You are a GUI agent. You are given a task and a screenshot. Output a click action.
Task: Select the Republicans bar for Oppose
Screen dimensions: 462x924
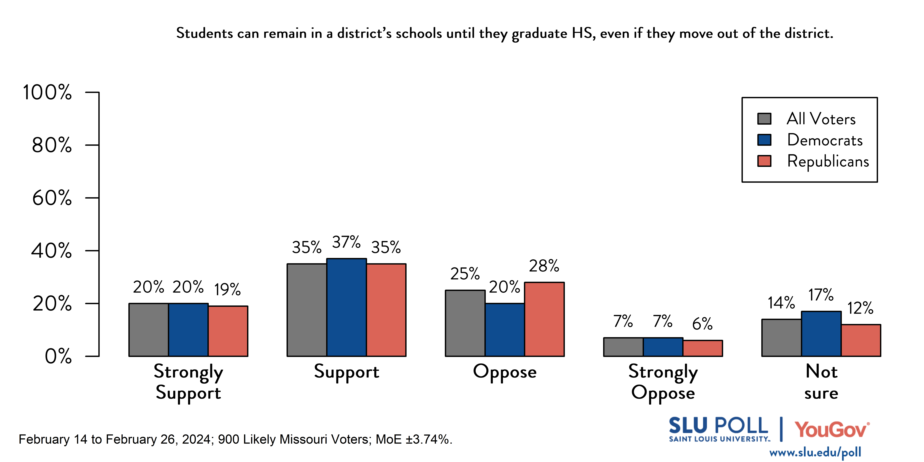point(544,319)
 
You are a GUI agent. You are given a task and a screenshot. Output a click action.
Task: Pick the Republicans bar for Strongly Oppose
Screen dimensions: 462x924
point(703,348)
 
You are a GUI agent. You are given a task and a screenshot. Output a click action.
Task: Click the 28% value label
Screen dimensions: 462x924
point(544,266)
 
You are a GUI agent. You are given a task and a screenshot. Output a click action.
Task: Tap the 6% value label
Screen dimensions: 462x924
point(702,324)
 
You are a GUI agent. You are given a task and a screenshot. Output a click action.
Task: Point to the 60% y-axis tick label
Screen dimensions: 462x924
point(52,198)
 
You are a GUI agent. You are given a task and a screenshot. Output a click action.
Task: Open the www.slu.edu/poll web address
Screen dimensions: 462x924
point(815,452)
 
